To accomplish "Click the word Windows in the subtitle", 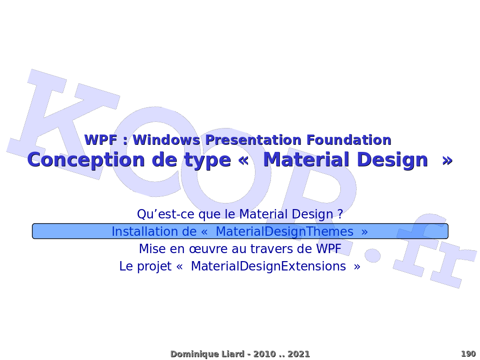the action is (166, 140).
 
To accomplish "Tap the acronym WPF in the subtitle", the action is (101, 140).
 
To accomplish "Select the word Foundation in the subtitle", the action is (349, 140).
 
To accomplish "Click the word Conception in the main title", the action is (86, 160).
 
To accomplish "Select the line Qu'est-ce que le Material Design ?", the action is (240, 214).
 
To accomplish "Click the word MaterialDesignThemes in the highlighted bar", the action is (285, 232).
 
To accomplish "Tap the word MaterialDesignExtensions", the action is (269, 266).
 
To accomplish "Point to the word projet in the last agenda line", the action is (154, 266).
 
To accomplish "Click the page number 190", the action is (468, 354).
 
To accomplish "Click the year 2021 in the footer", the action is (299, 354).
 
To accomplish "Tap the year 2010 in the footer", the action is (265, 354).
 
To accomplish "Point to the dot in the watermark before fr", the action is (373, 255).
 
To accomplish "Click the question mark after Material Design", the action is (340, 214).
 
